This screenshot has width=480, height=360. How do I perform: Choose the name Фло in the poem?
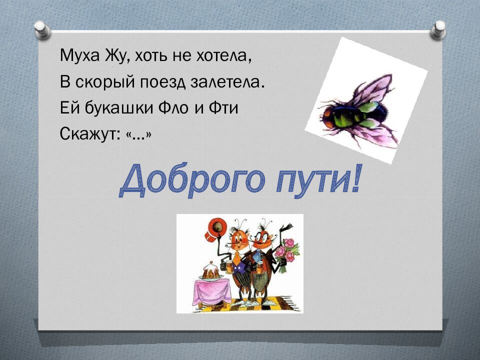click(x=175, y=108)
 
